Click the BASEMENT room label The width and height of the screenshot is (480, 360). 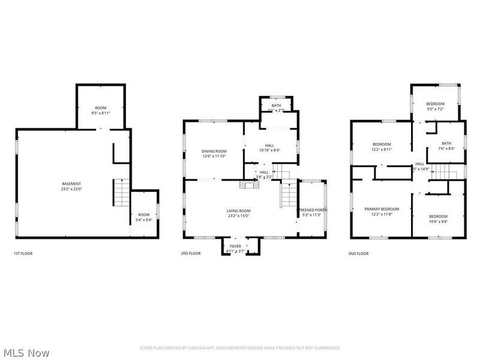click(x=71, y=187)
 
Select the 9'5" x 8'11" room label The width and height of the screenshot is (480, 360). click(x=100, y=110)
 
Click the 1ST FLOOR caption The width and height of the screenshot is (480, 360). click(x=23, y=254)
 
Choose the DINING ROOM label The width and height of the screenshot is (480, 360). click(x=214, y=153)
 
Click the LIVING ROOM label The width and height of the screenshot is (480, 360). click(x=238, y=214)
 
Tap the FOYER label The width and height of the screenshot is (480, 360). click(x=235, y=248)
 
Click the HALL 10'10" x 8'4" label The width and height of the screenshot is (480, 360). click(x=270, y=147)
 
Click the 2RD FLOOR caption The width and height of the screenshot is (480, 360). click(x=191, y=254)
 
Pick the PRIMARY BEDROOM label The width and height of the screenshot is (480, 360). click(x=382, y=212)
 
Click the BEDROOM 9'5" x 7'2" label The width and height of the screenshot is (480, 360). click(x=436, y=106)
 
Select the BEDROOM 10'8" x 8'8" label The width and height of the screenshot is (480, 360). click(x=438, y=218)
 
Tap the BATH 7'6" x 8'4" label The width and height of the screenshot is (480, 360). click(x=446, y=146)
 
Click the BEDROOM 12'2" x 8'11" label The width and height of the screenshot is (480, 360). click(x=382, y=147)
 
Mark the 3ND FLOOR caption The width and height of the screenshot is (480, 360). click(x=359, y=254)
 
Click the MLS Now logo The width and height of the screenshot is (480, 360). click(x=25, y=353)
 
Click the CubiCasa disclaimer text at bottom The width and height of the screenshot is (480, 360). click(x=240, y=348)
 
